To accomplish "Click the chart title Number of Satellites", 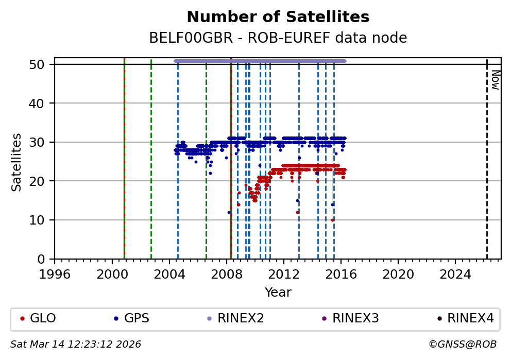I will [278, 18].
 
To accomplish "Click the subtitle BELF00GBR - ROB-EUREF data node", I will [278, 38].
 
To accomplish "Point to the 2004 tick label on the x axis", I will [169, 273].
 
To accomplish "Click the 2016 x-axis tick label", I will [341, 273].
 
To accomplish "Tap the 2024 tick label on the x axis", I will [455, 273].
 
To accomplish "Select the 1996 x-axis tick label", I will [55, 273].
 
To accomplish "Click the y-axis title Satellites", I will [17, 162].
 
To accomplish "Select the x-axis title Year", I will [278, 293].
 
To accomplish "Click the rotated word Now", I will [495, 80].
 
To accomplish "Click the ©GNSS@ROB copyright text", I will [462, 344].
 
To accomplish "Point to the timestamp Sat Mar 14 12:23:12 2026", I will [76, 344].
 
